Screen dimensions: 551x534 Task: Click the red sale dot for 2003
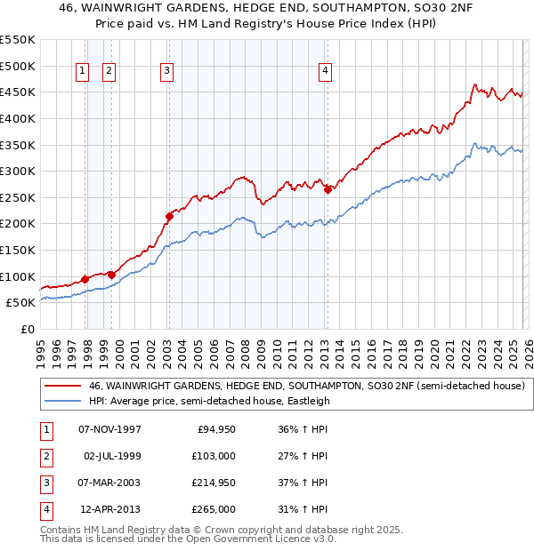[x=169, y=215]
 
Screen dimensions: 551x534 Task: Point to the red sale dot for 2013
[x=328, y=188]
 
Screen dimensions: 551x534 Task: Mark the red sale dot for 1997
[x=85, y=278]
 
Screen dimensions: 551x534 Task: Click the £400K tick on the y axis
[x=17, y=118]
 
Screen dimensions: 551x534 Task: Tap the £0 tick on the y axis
[x=26, y=329]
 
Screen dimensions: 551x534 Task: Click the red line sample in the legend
[x=62, y=387]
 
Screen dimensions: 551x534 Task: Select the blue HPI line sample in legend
[x=62, y=401]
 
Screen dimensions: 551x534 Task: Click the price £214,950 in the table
[x=211, y=483]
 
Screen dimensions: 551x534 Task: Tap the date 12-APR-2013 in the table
[x=109, y=509]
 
